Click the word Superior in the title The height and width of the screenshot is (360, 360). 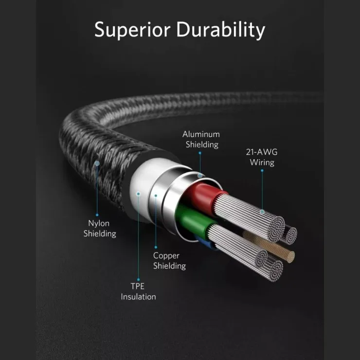[132, 30]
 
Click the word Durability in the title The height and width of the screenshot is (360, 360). [221, 30]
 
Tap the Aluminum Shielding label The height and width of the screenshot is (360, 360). [201, 139]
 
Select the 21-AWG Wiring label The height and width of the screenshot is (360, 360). [262, 157]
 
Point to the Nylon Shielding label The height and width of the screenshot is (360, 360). [100, 229]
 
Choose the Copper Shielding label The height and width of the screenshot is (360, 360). [169, 261]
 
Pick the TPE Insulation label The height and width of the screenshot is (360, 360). [138, 291]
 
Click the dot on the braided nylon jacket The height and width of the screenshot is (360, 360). [97, 163]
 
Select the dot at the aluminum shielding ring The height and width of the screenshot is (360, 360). [200, 176]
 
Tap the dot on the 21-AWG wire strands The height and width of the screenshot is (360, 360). [262, 212]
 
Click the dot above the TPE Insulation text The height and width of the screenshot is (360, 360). [139, 280]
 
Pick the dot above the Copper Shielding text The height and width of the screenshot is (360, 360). [156, 247]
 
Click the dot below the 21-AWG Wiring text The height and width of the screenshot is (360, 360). [262, 171]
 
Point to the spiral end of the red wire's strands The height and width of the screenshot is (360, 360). [276, 229]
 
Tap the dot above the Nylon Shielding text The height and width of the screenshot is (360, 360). [97, 215]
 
